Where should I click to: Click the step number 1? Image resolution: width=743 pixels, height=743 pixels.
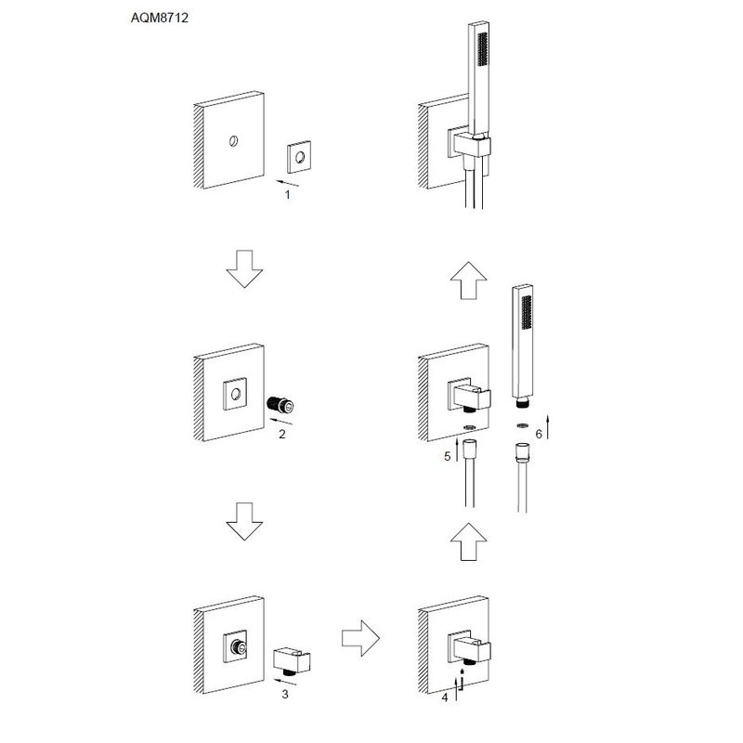click(x=287, y=195)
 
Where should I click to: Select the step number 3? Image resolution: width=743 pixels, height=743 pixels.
click(x=285, y=693)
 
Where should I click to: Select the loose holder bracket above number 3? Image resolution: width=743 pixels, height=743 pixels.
click(x=293, y=660)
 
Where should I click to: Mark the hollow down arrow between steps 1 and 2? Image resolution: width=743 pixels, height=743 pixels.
click(x=244, y=267)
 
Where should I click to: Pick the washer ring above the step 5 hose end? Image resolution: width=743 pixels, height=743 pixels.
click(x=470, y=428)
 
